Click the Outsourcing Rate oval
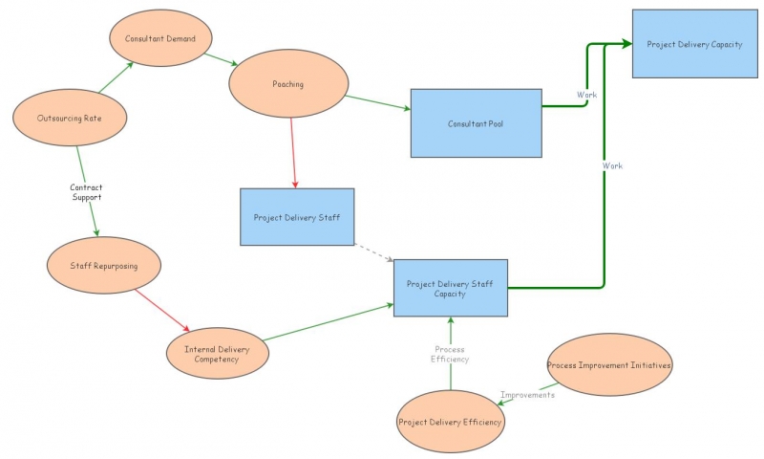[x=69, y=119]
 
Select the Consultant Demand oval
[x=160, y=39]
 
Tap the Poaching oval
[x=287, y=84]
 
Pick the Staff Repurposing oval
[x=104, y=266]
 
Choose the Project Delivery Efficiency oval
[x=451, y=421]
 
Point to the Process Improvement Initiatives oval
[x=609, y=365]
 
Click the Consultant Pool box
[x=476, y=123]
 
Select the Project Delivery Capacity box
[x=694, y=44]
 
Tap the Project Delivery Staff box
[x=297, y=217]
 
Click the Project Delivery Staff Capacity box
[x=451, y=288]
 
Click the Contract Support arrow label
[x=86, y=192]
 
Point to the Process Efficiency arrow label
[x=450, y=355]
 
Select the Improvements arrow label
[x=527, y=395]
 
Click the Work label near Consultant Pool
[x=585, y=95]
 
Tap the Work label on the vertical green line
[x=612, y=166]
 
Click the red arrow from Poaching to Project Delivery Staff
[x=293, y=153]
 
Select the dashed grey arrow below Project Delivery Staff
[x=373, y=251]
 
